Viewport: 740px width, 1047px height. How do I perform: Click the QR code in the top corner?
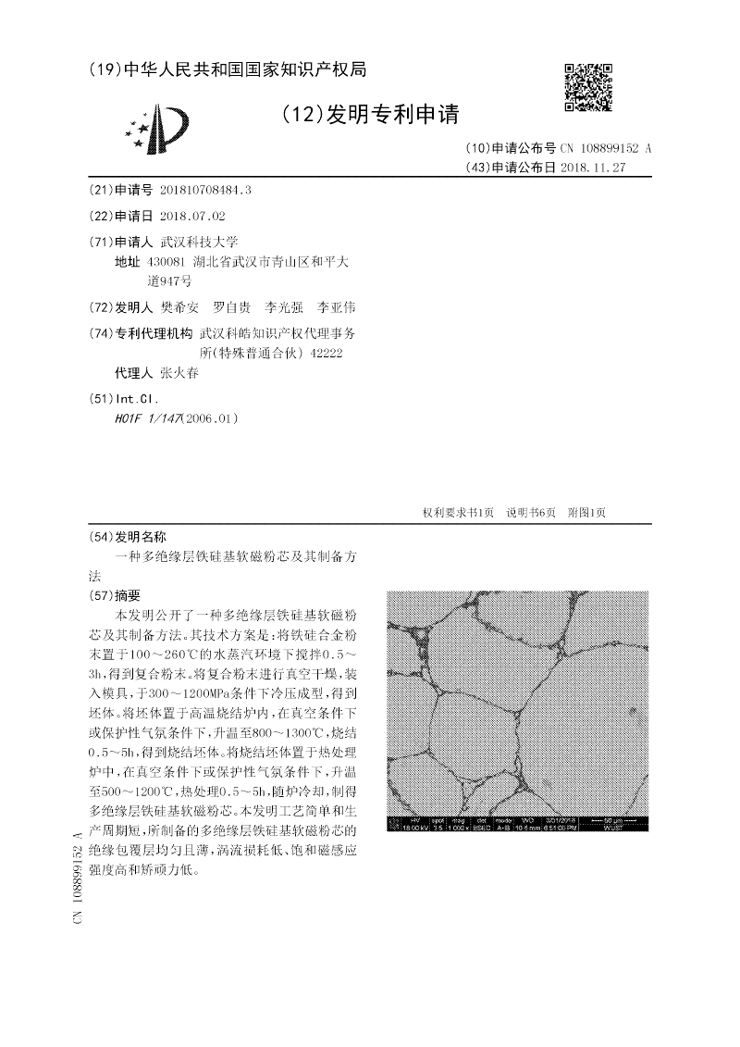588,88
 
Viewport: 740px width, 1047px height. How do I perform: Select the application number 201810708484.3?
205,189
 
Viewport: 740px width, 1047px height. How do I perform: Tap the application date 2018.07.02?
192,216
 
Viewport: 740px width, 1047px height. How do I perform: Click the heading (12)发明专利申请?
369,114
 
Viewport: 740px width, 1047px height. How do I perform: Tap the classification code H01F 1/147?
148,418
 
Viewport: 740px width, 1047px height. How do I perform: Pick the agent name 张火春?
179,373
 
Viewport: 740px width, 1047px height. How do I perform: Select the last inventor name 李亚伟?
337,306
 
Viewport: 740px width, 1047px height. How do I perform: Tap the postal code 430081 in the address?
173,262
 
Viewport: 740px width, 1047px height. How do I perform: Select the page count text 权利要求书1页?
458,513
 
